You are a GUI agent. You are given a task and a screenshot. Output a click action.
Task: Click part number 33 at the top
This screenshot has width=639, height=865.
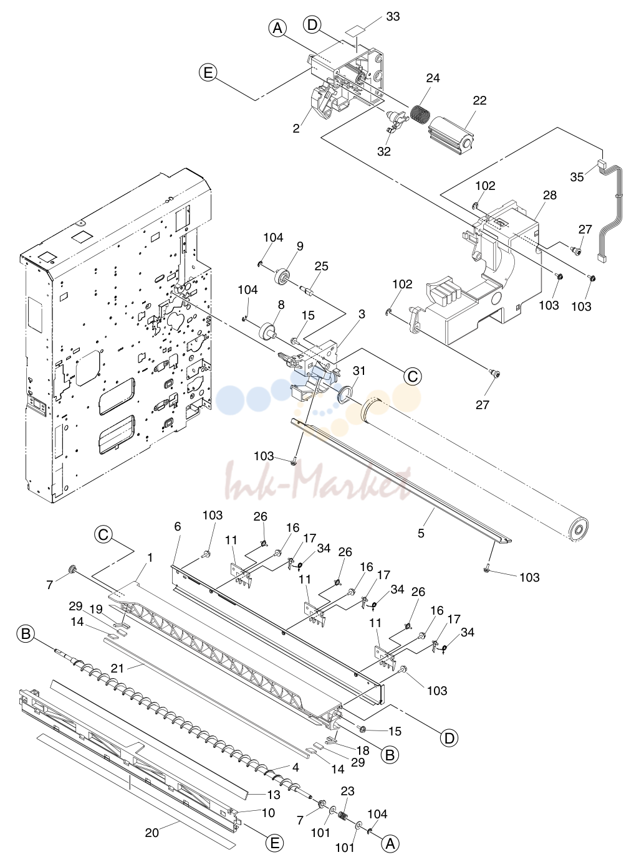(393, 17)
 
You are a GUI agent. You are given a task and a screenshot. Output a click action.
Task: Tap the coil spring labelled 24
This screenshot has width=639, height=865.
(420, 113)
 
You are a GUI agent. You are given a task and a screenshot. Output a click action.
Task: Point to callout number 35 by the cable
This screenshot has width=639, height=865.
(577, 177)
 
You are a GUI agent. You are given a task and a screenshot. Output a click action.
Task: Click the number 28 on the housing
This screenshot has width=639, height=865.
(550, 195)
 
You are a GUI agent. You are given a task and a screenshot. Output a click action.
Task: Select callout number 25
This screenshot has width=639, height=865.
(322, 267)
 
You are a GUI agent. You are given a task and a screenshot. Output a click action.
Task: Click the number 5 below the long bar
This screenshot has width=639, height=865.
(421, 533)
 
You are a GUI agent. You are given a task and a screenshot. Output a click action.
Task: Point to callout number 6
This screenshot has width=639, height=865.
(178, 526)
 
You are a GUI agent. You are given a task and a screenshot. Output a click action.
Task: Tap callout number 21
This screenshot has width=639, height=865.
(117, 668)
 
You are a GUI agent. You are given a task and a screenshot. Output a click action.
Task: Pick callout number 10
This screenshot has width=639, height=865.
(269, 813)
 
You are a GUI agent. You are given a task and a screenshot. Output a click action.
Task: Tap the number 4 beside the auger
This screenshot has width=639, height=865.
(295, 767)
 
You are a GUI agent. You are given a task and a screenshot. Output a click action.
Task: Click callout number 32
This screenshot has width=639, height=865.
(384, 151)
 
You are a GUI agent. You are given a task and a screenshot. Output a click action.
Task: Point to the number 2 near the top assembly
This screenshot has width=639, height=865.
(297, 128)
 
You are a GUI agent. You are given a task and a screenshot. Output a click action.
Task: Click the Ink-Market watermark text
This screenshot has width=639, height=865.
(319, 481)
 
